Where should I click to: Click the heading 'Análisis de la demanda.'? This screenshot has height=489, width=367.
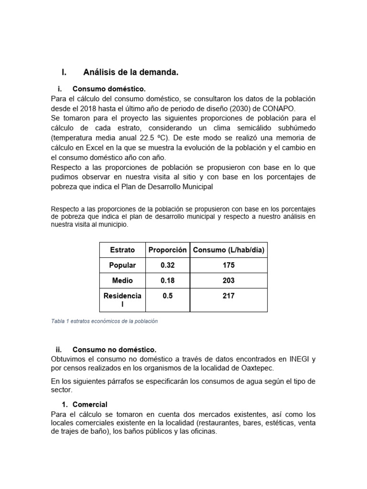pyautogui.click(x=130, y=73)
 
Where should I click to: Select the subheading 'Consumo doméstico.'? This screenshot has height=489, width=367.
pyautogui.click(x=108, y=89)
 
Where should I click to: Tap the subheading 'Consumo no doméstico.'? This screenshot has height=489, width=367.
pyautogui.click(x=114, y=350)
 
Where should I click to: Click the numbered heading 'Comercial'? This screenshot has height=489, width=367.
pyautogui.click(x=91, y=404)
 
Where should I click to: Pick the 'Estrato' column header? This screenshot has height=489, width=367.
pyautogui.click(x=122, y=250)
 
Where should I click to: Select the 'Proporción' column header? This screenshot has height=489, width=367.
pyautogui.click(x=167, y=250)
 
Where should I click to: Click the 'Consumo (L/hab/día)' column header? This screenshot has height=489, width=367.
pyautogui.click(x=228, y=250)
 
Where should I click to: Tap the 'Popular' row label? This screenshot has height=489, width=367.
pyautogui.click(x=122, y=265)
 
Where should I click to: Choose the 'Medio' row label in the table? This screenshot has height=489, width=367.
pyautogui.click(x=122, y=280)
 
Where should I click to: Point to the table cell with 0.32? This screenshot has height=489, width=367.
pyautogui.click(x=167, y=265)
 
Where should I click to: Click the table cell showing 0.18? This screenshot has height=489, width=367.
pyautogui.click(x=167, y=280)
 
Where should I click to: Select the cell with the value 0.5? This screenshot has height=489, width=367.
pyautogui.click(x=167, y=296)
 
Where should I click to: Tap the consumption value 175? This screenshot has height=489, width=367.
pyautogui.click(x=228, y=265)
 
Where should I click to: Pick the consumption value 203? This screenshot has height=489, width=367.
pyautogui.click(x=228, y=280)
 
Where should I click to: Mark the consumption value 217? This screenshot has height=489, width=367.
pyautogui.click(x=228, y=296)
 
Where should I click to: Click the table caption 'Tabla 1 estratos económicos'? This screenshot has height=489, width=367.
pyautogui.click(x=104, y=321)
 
